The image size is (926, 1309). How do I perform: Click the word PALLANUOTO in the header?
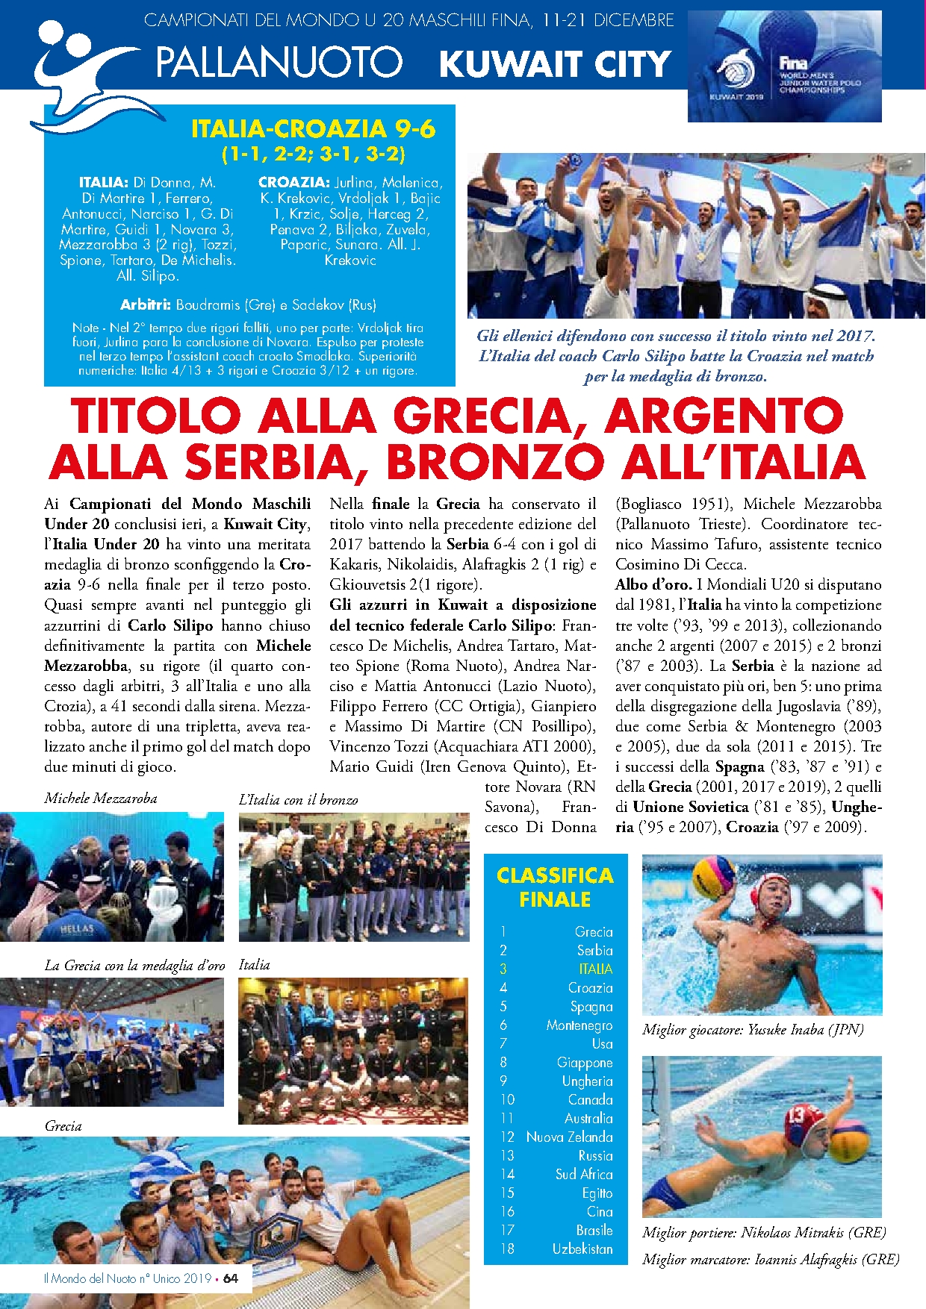tap(279, 63)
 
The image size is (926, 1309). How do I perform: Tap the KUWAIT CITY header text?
tap(555, 64)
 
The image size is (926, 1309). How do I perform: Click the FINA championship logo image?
tap(784, 68)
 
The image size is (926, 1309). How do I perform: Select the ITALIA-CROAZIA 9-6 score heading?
tap(313, 129)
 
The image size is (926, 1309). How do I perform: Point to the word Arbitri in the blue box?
tap(146, 304)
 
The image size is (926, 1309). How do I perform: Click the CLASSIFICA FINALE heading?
tap(555, 887)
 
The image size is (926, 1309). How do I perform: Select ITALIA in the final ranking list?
tap(595, 969)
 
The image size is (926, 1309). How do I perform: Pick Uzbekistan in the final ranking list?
tap(582, 1249)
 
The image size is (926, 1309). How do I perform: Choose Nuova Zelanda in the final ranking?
tap(569, 1137)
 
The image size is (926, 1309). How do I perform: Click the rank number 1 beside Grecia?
tap(503, 931)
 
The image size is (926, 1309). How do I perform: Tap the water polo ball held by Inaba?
tap(714, 876)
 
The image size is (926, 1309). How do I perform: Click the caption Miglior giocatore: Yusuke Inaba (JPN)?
tap(753, 1029)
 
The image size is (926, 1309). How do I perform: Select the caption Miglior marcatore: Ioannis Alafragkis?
tap(770, 1259)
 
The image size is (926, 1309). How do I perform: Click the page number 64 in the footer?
tap(231, 1278)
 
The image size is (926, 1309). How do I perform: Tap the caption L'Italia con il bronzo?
tap(298, 799)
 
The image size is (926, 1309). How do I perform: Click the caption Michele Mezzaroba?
tap(101, 798)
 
